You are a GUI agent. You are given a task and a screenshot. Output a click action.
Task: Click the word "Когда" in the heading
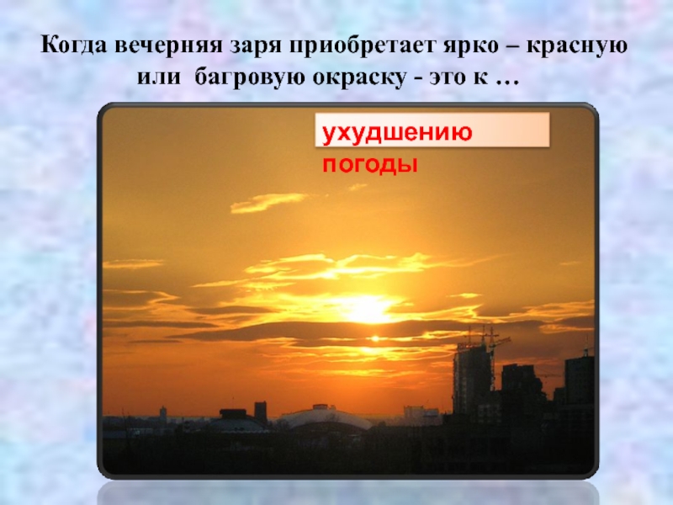pyautogui.click(x=74, y=45)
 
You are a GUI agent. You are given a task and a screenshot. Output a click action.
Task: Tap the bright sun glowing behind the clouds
pyautogui.click(x=368, y=308)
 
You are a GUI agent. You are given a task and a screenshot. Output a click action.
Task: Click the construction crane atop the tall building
pyautogui.click(x=492, y=337)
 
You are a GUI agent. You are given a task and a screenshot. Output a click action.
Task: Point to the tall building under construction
pyautogui.click(x=472, y=379)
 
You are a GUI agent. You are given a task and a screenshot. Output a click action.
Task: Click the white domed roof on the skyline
pyautogui.click(x=324, y=417)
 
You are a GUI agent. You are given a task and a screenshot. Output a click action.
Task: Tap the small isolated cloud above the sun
pyautogui.click(x=268, y=201)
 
